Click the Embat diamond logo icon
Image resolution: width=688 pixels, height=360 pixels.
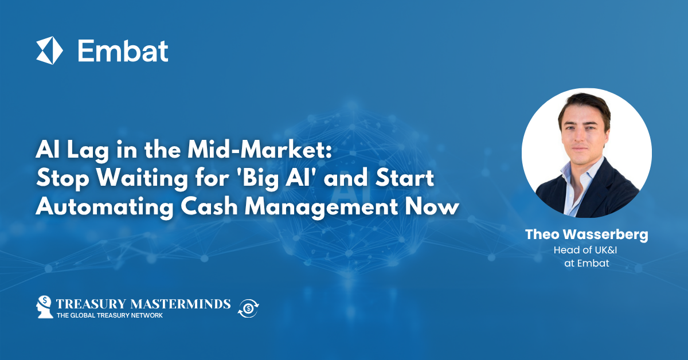pos(49,50)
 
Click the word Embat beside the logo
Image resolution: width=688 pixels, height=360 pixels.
pos(123,51)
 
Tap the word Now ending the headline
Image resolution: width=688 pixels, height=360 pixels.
pos(436,205)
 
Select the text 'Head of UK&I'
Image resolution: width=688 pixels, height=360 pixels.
pos(586,250)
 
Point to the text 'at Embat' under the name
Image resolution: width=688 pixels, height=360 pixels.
pos(586,263)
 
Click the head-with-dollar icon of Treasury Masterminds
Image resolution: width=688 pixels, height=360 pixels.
pos(45,307)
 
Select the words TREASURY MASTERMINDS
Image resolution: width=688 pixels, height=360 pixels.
pos(143,303)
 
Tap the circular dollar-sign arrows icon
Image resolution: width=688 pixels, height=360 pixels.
pos(248,308)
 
